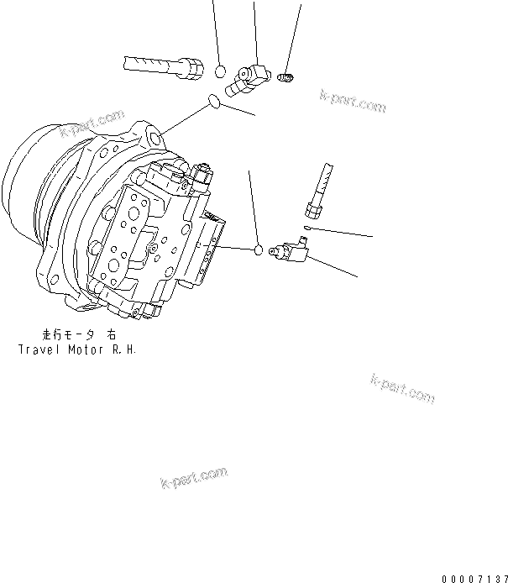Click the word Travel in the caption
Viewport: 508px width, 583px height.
pyautogui.click(x=39, y=348)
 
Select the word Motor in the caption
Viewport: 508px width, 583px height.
pyautogui.click(x=87, y=348)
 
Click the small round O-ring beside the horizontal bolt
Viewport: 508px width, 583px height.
pyautogui.click(x=220, y=71)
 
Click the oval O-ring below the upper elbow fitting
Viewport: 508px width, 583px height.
pyautogui.click(x=215, y=103)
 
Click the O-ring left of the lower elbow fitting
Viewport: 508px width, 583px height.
pyautogui.click(x=259, y=250)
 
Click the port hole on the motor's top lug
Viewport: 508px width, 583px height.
pyautogui.click(x=154, y=135)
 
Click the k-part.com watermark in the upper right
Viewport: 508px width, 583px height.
pyautogui.click(x=353, y=102)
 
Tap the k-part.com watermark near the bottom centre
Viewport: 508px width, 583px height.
pyautogui.click(x=194, y=480)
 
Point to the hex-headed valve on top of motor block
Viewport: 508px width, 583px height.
pyautogui.click(x=202, y=176)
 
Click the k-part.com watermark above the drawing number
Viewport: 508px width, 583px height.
pyautogui.click(x=402, y=387)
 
